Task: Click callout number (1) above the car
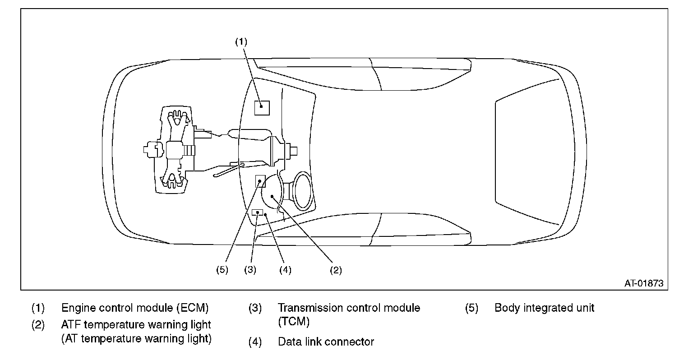[241, 42]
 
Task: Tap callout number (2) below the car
[336, 270]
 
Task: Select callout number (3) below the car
[250, 270]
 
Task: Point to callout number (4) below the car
[286, 270]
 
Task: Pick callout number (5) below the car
[222, 270]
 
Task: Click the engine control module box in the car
[262, 108]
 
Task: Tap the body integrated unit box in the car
[260, 181]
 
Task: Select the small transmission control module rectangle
[258, 212]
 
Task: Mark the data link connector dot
[265, 215]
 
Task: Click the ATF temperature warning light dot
[272, 196]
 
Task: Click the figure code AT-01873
[644, 283]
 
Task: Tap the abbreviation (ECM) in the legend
[193, 308]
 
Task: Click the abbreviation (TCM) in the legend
[294, 322]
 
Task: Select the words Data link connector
[326, 342]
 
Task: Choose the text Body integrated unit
[545, 308]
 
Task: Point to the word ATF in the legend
[71, 325]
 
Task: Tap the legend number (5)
[472, 308]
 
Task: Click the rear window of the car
[526, 151]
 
